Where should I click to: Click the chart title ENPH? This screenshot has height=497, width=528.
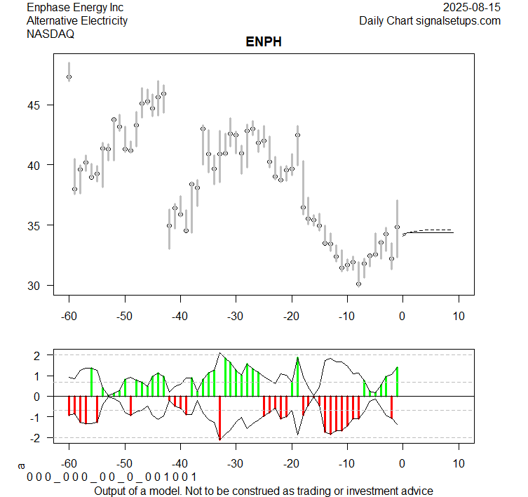(x=264, y=43)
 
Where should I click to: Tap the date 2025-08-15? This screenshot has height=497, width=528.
(x=472, y=8)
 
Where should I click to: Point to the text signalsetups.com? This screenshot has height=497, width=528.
(x=457, y=21)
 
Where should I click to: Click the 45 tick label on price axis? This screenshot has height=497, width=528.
(x=36, y=105)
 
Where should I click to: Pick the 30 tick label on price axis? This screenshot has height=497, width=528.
(x=36, y=286)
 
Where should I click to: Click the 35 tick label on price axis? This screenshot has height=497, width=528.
(x=36, y=225)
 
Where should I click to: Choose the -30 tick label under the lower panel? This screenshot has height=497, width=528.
(x=236, y=463)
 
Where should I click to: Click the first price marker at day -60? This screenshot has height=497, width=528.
(x=69, y=77)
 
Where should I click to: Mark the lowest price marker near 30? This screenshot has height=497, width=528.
(x=358, y=284)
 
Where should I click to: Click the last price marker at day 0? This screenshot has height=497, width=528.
(x=397, y=227)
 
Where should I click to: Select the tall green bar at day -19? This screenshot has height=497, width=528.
(x=297, y=377)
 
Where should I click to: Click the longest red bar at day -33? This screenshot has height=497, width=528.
(x=219, y=418)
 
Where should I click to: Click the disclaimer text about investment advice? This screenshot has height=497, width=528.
(x=263, y=490)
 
